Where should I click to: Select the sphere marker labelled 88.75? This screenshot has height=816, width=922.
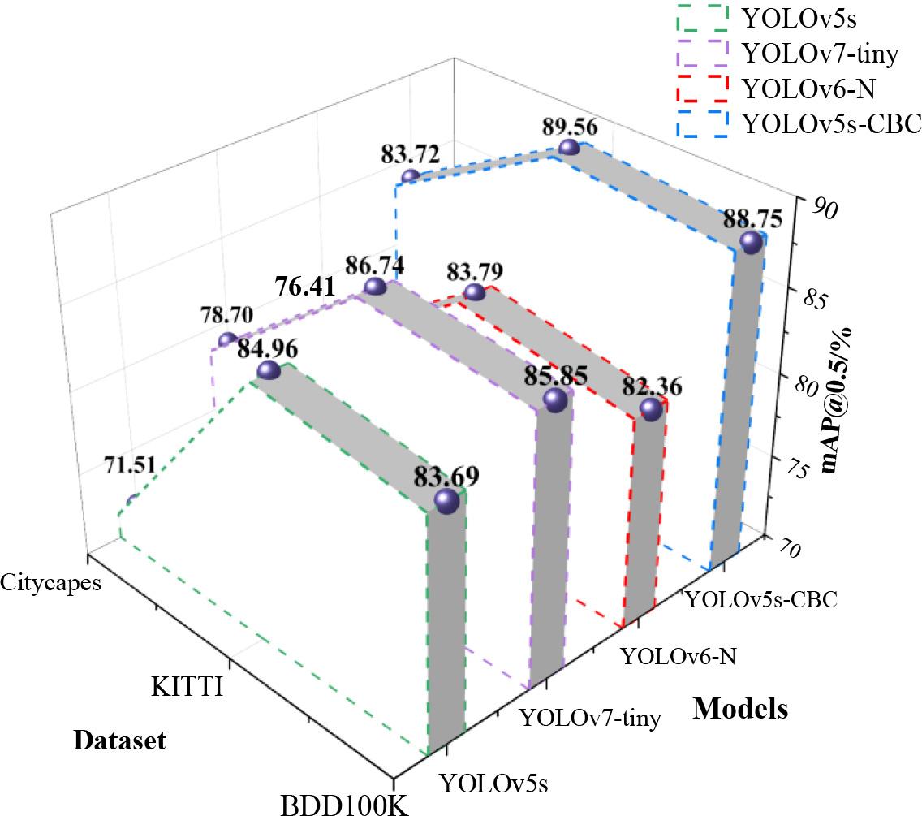(x=752, y=242)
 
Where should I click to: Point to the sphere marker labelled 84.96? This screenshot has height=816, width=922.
(x=268, y=371)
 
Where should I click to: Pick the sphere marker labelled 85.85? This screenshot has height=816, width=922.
(x=554, y=399)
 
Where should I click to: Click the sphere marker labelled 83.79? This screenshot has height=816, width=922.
(x=473, y=292)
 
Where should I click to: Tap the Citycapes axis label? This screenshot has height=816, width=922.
(x=50, y=582)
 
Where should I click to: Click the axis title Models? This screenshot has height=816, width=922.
(x=740, y=709)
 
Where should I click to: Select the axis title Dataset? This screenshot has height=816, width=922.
(x=119, y=740)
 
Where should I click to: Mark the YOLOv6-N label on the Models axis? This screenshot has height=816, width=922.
(x=678, y=655)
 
